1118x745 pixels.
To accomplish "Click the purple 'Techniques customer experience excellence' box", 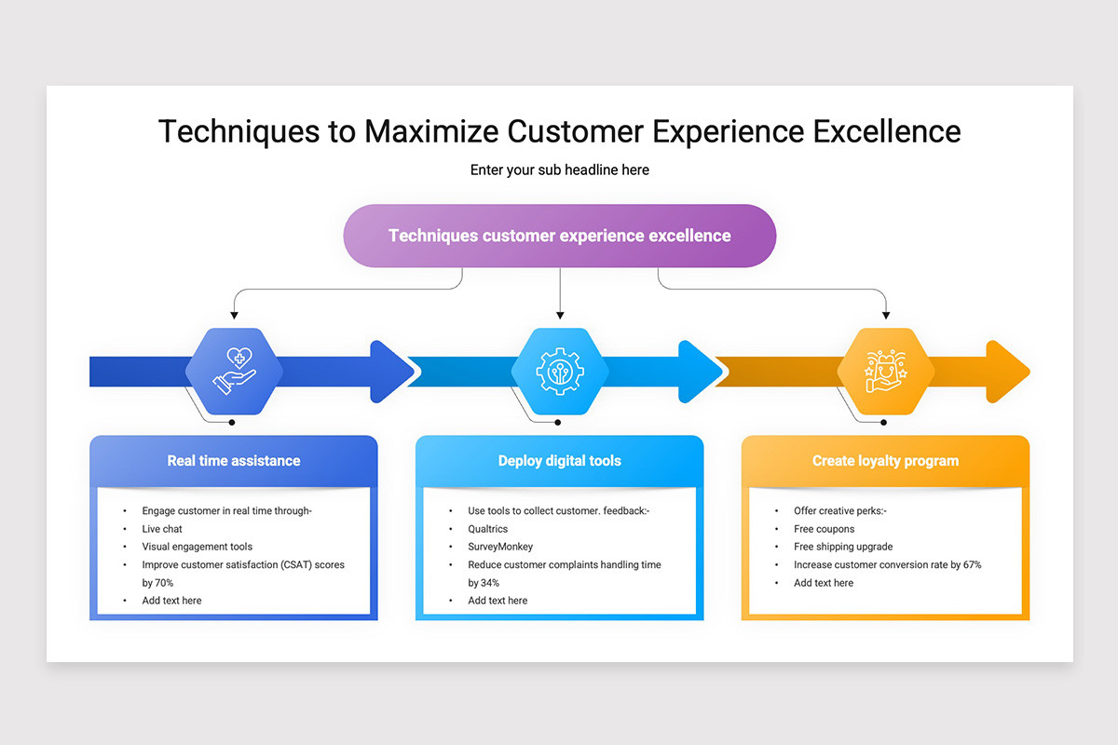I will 559,236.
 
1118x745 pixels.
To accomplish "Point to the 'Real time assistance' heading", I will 234,460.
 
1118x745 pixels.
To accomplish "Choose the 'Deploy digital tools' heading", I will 559,460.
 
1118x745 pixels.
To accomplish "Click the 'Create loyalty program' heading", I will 885,460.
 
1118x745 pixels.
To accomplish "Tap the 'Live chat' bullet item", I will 162,529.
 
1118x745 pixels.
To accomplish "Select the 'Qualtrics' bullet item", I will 488,529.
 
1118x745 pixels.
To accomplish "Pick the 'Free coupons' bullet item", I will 824,529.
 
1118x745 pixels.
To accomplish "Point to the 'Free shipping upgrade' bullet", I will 843,547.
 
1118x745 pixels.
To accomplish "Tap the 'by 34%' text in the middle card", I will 484,583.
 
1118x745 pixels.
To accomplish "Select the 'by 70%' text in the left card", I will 157,583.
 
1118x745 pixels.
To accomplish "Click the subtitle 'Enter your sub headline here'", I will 559,169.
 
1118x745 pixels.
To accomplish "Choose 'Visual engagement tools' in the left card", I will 197,547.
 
